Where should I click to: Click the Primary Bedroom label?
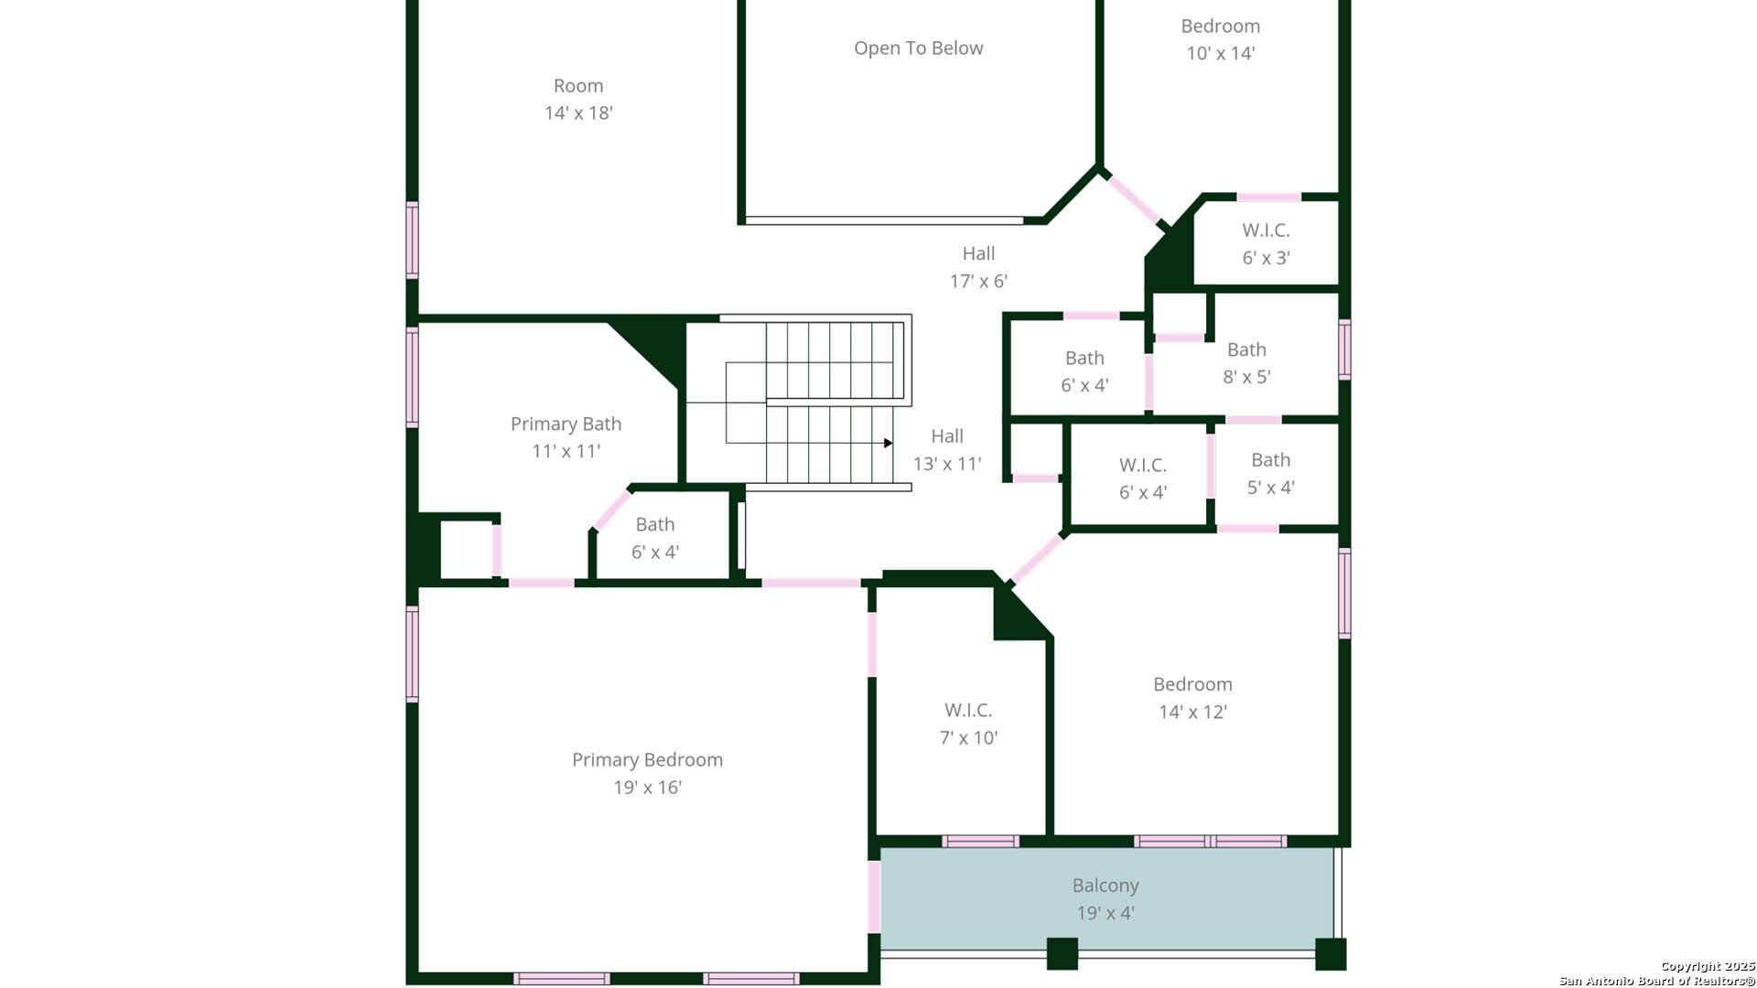point(647,773)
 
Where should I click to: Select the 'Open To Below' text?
point(918,48)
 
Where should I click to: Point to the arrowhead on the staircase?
point(888,443)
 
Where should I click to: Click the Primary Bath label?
point(566,436)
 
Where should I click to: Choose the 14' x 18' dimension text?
point(578,113)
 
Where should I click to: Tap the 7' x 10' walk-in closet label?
point(968,724)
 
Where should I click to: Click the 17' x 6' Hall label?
point(978,267)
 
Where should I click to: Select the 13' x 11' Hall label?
point(947,450)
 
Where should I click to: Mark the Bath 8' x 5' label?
point(1246,362)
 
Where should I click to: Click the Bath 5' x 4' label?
point(1270,473)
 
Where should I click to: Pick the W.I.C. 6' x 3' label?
point(1266,243)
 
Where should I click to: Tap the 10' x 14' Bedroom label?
point(1220,39)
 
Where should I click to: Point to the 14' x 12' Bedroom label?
point(1192,697)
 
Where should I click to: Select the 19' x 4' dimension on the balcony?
point(1105,913)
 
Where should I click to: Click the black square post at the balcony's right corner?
point(1331,954)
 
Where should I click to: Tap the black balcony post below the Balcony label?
point(1062,954)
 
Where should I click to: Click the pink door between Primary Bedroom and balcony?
point(874,897)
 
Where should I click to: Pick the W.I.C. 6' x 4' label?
point(1143,478)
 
